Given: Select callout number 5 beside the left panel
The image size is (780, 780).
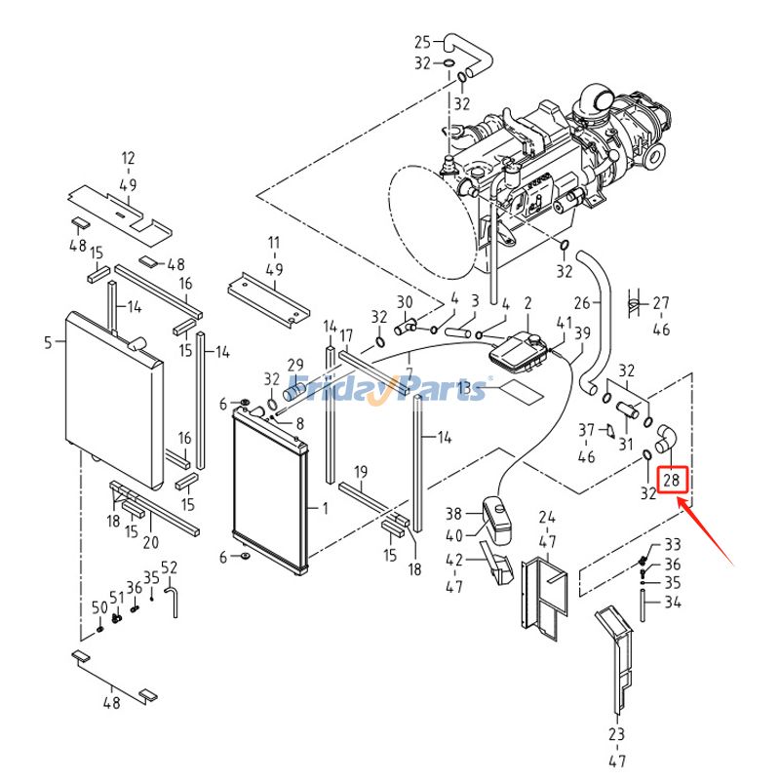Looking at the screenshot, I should (x=48, y=341).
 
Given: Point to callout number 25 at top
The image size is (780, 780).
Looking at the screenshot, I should (x=422, y=42).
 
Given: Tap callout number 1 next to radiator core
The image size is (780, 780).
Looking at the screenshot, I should (x=325, y=508).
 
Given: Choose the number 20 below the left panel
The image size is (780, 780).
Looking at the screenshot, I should (x=150, y=543).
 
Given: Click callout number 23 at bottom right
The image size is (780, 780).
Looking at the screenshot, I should (x=616, y=733).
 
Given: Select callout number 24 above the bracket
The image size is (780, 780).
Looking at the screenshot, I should (x=547, y=517).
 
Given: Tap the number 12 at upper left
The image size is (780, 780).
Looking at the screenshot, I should (x=128, y=157).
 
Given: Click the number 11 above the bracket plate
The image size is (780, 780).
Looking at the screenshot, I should (x=274, y=242).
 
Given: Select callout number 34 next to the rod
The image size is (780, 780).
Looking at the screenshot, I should (x=673, y=603).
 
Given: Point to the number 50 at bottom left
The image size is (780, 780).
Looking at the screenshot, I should (x=99, y=607).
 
